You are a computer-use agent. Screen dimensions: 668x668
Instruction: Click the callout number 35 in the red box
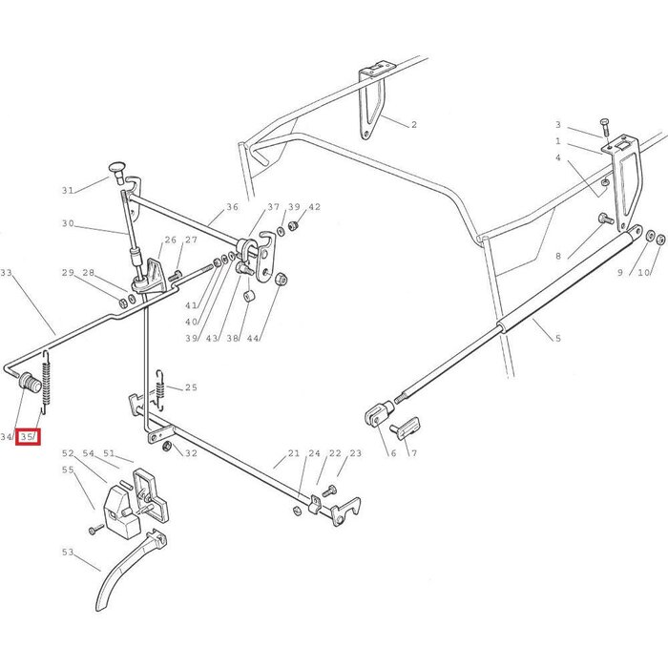(x=27, y=437)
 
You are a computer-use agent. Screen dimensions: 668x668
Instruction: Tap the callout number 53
(x=68, y=553)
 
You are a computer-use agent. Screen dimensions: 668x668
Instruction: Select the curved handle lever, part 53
(x=131, y=569)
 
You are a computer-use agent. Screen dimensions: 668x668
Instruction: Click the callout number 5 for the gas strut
(x=558, y=338)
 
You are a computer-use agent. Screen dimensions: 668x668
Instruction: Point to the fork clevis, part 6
(x=379, y=412)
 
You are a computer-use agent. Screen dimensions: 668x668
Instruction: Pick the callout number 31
(x=68, y=191)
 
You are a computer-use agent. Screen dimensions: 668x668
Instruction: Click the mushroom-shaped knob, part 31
(x=117, y=171)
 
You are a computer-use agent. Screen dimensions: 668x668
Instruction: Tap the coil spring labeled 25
(x=160, y=389)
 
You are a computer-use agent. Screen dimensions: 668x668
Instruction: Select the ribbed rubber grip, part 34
(x=31, y=382)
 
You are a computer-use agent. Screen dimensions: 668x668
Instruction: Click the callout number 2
(x=413, y=124)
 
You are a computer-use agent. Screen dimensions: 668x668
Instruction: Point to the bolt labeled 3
(x=605, y=128)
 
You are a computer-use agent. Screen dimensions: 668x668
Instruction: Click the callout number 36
(x=232, y=207)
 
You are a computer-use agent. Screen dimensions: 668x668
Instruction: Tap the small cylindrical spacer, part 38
(x=248, y=295)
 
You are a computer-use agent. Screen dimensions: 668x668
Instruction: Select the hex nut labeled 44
(x=281, y=280)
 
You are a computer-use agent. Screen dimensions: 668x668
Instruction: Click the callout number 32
(x=191, y=453)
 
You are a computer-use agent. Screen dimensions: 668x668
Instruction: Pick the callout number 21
(x=294, y=453)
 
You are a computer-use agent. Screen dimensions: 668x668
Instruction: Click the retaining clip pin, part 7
(x=406, y=428)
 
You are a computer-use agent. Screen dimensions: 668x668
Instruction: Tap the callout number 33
(x=6, y=272)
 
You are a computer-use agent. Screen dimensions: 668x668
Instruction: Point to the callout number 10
(x=644, y=272)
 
